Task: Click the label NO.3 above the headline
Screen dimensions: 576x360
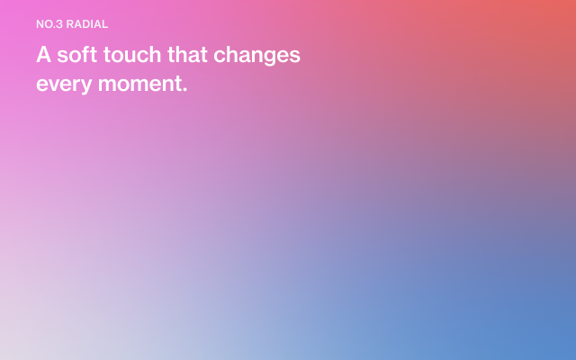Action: click(49, 24)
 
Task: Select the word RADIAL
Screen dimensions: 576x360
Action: click(87, 24)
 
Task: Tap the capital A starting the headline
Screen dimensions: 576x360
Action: click(44, 54)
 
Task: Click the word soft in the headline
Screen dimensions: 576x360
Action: click(77, 54)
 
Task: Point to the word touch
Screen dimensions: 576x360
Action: click(132, 54)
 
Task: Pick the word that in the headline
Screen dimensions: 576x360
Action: click(187, 54)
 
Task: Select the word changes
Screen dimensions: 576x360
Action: click(256, 56)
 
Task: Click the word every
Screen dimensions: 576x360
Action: click(64, 85)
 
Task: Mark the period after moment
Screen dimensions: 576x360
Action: click(184, 90)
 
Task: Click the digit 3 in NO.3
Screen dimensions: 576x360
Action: click(60, 24)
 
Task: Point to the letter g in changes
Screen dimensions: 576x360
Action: click(268, 58)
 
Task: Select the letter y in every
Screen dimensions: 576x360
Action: click(85, 86)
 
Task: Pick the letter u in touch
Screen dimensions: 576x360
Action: click(134, 56)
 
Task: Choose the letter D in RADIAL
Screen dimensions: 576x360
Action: click(86, 24)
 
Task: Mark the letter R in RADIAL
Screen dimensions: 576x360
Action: click(70, 24)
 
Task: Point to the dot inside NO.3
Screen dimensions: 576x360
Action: click(55, 28)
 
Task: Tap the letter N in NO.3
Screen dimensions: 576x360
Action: click(40, 24)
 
